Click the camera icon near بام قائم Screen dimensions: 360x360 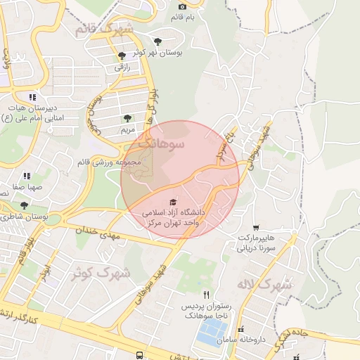click(x=181, y=6)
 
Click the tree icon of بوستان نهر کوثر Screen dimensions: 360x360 click(x=157, y=41)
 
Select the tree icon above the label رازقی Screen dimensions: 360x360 click(x=122, y=55)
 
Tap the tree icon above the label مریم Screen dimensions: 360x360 click(x=127, y=119)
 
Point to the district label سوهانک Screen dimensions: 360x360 click(x=161, y=143)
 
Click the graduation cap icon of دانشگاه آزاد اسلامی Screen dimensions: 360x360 click(x=174, y=202)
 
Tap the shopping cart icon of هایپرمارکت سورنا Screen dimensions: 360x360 click(x=255, y=227)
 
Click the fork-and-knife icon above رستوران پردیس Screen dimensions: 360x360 click(x=205, y=295)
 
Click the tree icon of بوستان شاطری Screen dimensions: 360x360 click(x=25, y=205)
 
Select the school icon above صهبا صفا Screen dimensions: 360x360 click(x=27, y=176)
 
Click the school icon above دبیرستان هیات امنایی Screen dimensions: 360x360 click(x=32, y=97)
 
